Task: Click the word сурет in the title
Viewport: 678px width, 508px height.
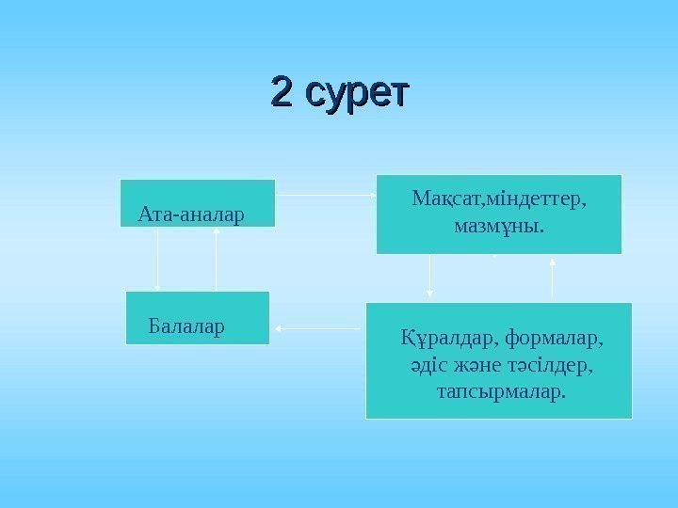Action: pos(360,94)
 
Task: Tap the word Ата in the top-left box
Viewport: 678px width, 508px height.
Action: pos(153,214)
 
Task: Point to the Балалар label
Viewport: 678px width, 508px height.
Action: pos(187,326)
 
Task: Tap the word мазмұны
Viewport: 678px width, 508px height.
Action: pos(498,227)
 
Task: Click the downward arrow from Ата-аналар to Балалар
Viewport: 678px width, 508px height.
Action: pos(157,259)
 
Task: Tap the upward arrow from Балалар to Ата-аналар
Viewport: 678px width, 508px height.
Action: pos(217,259)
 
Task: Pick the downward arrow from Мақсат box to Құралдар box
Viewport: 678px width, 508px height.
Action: pos(430,278)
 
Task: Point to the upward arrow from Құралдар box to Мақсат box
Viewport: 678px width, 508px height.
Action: pos(553,278)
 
